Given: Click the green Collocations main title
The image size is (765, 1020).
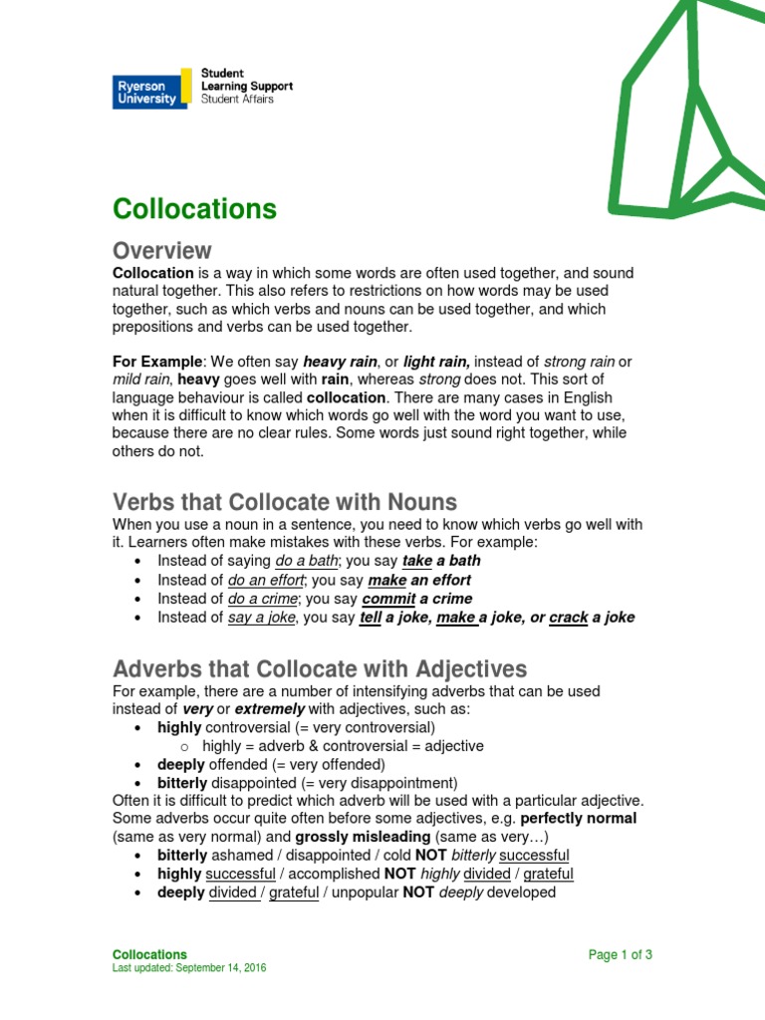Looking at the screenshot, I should pos(194,209).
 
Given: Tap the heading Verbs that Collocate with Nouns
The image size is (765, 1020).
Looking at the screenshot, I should pos(284,501).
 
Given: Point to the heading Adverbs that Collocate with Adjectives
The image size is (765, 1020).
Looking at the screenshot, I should pos(320,667).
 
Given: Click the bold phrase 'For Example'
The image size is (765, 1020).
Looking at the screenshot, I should pos(156,362).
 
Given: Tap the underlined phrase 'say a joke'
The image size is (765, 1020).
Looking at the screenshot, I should pos(263,618).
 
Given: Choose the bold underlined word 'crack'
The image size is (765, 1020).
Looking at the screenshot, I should pos(568,618).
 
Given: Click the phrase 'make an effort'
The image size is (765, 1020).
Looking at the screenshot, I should pos(418,580).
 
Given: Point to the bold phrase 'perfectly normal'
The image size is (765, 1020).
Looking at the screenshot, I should pos(579,818).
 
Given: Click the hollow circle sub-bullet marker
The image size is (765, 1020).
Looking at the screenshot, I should pos(185,746).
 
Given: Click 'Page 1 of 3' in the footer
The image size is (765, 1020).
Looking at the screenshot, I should pos(620,954).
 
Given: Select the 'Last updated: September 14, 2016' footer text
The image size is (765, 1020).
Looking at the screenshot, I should pos(189,968).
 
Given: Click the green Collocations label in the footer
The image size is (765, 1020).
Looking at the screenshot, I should pos(149,954).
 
